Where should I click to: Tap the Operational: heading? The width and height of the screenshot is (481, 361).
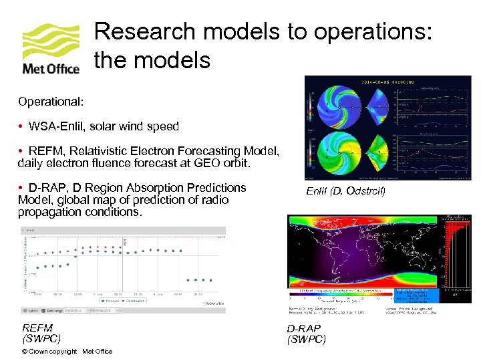click(51, 102)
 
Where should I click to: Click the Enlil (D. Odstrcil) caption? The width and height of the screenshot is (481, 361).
click(345, 192)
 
